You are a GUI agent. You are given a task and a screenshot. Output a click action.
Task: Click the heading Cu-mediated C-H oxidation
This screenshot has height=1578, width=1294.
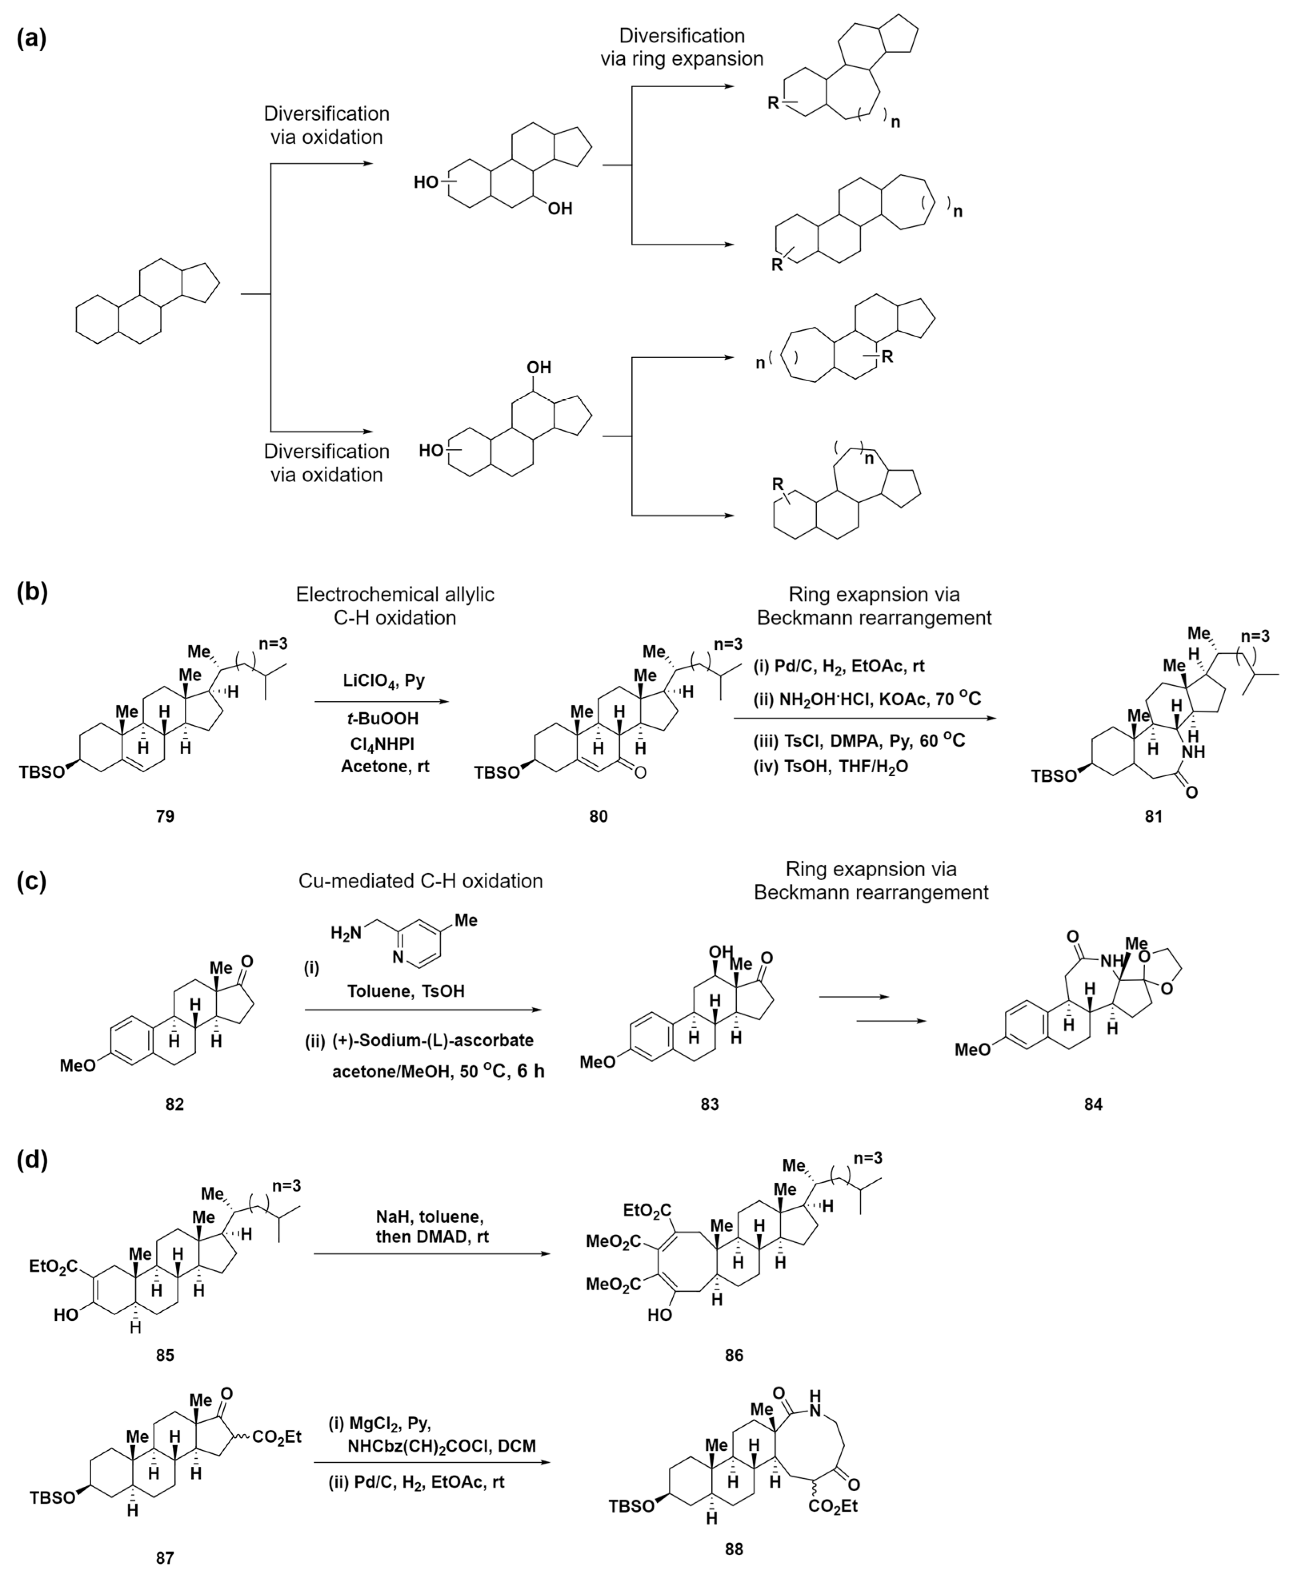pyautogui.click(x=420, y=881)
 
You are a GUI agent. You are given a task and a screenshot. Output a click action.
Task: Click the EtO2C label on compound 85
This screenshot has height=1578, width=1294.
pyautogui.click(x=54, y=1265)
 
